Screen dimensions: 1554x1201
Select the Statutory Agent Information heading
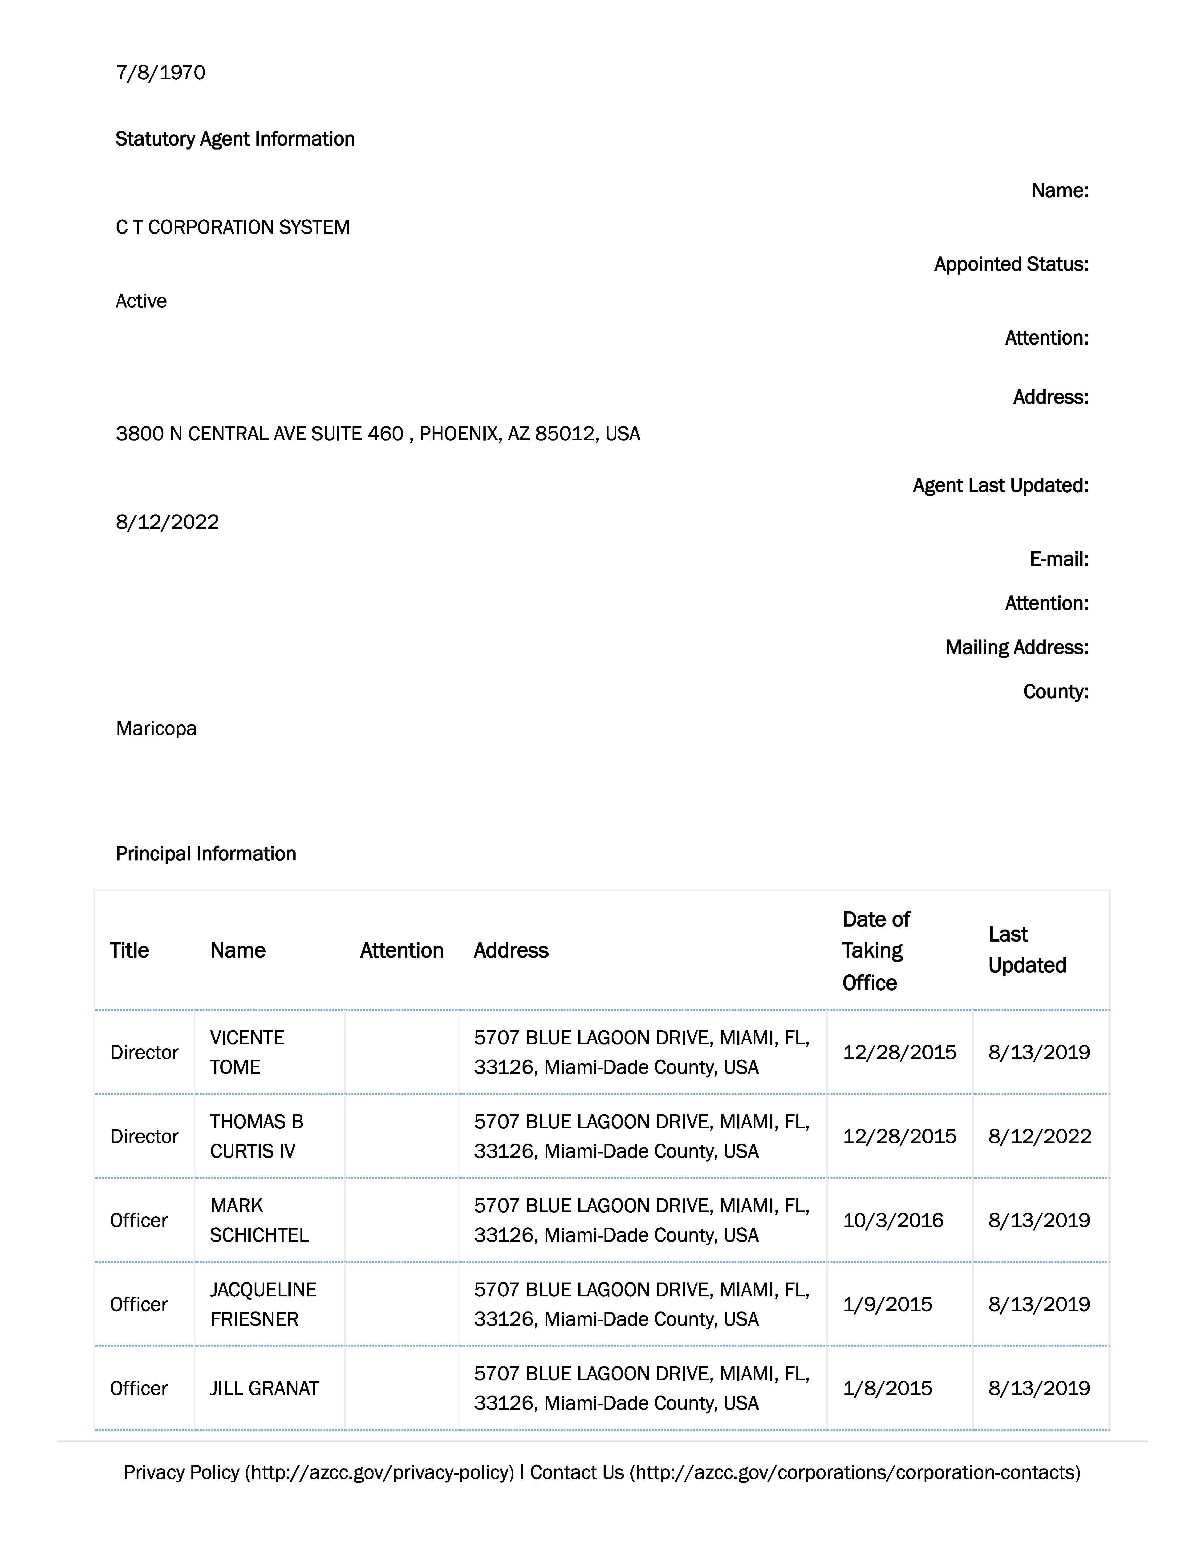pyautogui.click(x=235, y=139)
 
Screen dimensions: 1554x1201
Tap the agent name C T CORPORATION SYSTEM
pyautogui.click(x=233, y=227)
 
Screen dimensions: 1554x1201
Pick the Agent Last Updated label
pyautogui.click(x=1000, y=485)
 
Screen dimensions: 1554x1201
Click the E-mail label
pyautogui.click(x=1058, y=559)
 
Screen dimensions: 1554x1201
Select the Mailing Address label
pyautogui.click(x=1016, y=647)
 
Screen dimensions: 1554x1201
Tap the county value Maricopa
pyautogui.click(x=156, y=729)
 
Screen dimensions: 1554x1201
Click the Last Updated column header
pyautogui.click(x=1027, y=950)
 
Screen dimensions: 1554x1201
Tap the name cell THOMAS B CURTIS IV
pyautogui.click(x=256, y=1136)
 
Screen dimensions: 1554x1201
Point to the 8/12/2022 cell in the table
pyautogui.click(x=1039, y=1136)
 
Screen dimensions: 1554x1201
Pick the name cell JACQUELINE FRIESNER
pyautogui.click(x=263, y=1304)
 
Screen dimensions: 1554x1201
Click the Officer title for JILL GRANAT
pyautogui.click(x=139, y=1388)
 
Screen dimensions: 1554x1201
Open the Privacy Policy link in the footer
pyautogui.click(x=318, y=1472)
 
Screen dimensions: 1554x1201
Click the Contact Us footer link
pyautogui.click(x=804, y=1472)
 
